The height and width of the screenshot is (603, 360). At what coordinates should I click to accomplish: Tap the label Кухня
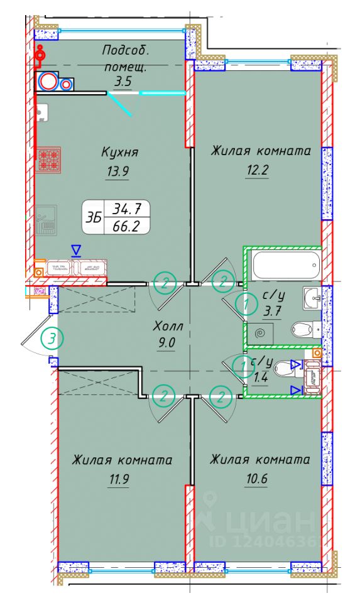[x=119, y=152]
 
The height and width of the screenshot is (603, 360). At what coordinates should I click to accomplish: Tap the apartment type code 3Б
[x=94, y=217]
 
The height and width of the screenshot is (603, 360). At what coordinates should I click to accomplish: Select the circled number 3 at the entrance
[x=53, y=339]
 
